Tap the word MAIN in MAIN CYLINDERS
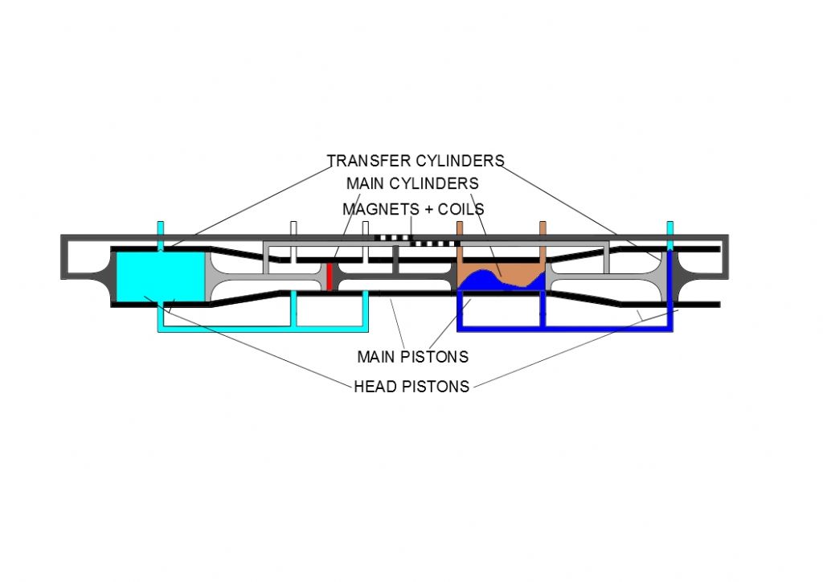[x=366, y=183]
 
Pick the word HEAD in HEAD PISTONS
[x=373, y=387]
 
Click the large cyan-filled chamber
[x=160, y=277]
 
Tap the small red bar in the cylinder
[x=330, y=276]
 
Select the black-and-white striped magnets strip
[x=417, y=240]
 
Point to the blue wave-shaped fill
[x=488, y=281]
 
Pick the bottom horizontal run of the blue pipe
[x=565, y=329]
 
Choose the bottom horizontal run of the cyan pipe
[x=263, y=329]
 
